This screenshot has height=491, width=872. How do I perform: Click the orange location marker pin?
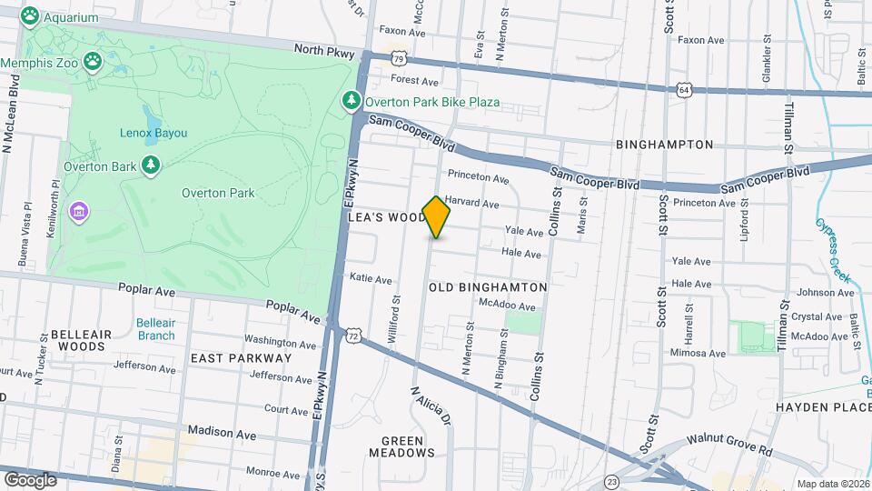pyautogui.click(x=436, y=216)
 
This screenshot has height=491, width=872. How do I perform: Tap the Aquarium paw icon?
pyautogui.click(x=30, y=15)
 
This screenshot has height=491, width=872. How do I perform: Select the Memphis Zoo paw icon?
pyautogui.click(x=93, y=61)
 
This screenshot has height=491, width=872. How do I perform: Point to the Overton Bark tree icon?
pyautogui.click(x=151, y=165)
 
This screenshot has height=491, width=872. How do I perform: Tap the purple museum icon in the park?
pyautogui.click(x=79, y=212)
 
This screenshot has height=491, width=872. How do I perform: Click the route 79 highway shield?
pyautogui.click(x=399, y=58)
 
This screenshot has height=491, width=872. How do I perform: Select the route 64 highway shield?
pyautogui.click(x=684, y=90)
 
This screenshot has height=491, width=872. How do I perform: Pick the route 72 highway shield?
pyautogui.click(x=351, y=335)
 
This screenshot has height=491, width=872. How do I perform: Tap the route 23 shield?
pyautogui.click(x=613, y=480)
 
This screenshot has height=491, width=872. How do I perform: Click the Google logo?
pyautogui.click(x=30, y=479)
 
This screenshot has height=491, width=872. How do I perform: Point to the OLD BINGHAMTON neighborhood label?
pyautogui.click(x=488, y=286)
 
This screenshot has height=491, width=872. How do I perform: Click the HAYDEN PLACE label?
pyautogui.click(x=823, y=407)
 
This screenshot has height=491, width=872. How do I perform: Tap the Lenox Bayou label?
pyautogui.click(x=154, y=133)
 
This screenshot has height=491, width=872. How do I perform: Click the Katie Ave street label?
pyautogui.click(x=371, y=280)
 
